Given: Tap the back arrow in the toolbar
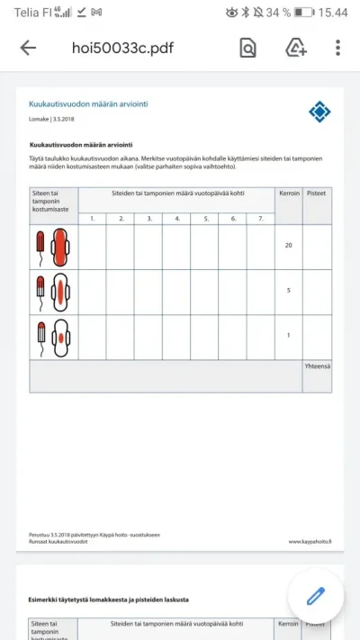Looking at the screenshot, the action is point(28,48).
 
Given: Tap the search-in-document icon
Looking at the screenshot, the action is point(247,48).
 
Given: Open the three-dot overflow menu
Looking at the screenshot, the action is point(337,48).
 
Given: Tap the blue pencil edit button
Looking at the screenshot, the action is point(315,595).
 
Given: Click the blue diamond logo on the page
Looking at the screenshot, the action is point(319,112).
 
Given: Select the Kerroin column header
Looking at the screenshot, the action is point(288,194).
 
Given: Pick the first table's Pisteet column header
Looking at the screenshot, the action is point(317,194).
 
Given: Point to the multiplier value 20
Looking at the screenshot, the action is point(288,245).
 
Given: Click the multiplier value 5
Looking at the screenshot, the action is point(288,291).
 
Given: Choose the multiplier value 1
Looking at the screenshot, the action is point(288,336).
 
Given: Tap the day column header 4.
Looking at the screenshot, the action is point(176,218).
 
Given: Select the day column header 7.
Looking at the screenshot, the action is point(261,218).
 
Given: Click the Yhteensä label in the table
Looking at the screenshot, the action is point(317,366).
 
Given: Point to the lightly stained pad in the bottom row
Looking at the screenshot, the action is point(60,336).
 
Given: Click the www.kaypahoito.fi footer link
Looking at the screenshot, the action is point(310,542).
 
